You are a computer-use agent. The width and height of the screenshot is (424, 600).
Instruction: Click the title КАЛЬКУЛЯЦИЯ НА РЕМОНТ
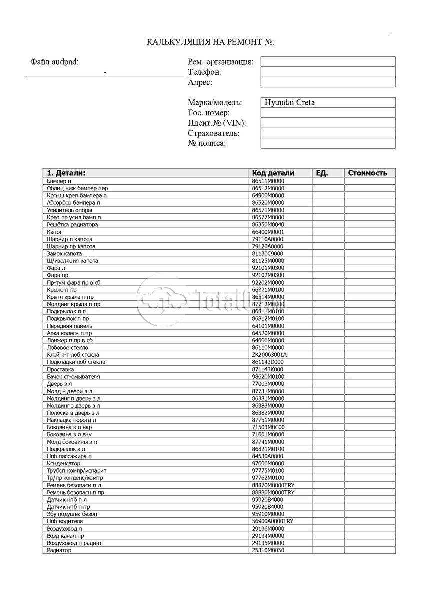click(x=211, y=42)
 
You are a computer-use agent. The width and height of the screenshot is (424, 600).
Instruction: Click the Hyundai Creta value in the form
click(x=289, y=103)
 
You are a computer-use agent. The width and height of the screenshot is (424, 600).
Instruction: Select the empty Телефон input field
click(x=328, y=72)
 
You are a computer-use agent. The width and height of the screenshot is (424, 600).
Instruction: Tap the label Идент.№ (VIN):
click(x=217, y=123)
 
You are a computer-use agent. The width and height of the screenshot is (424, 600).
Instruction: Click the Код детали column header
click(x=273, y=173)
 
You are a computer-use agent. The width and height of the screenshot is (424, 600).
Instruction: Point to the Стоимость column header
click(x=368, y=173)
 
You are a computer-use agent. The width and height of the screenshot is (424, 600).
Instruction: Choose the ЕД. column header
click(x=322, y=173)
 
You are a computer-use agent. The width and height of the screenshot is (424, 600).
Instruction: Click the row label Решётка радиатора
click(x=72, y=225)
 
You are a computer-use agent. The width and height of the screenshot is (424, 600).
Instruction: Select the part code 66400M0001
click(x=268, y=232)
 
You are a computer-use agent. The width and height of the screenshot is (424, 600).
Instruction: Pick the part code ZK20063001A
click(x=270, y=355)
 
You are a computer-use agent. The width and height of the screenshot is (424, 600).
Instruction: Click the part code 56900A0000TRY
click(x=273, y=521)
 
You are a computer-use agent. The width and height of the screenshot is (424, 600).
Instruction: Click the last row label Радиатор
click(x=59, y=550)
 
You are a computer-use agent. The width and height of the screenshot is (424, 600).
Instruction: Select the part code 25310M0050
click(x=268, y=550)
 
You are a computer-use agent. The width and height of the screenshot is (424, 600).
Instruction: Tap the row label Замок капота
click(x=64, y=254)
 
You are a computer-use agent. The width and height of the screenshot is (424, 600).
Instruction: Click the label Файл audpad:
click(x=54, y=62)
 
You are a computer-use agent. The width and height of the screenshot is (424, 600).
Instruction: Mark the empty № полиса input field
click(x=328, y=144)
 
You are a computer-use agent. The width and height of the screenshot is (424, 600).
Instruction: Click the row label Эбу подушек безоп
click(x=72, y=514)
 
